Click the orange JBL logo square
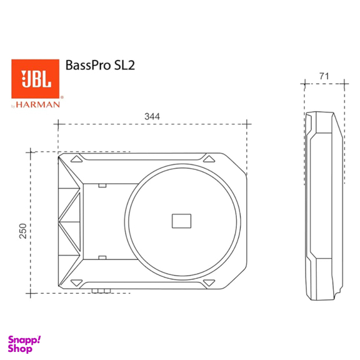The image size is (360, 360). (x=36, y=79)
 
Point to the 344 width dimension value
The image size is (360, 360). (x=151, y=116)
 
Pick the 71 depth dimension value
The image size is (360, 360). (x=323, y=76)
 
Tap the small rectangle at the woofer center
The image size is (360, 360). (x=181, y=220)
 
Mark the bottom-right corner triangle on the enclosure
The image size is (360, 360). (x=209, y=283)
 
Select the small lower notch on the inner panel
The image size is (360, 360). (x=102, y=257)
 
